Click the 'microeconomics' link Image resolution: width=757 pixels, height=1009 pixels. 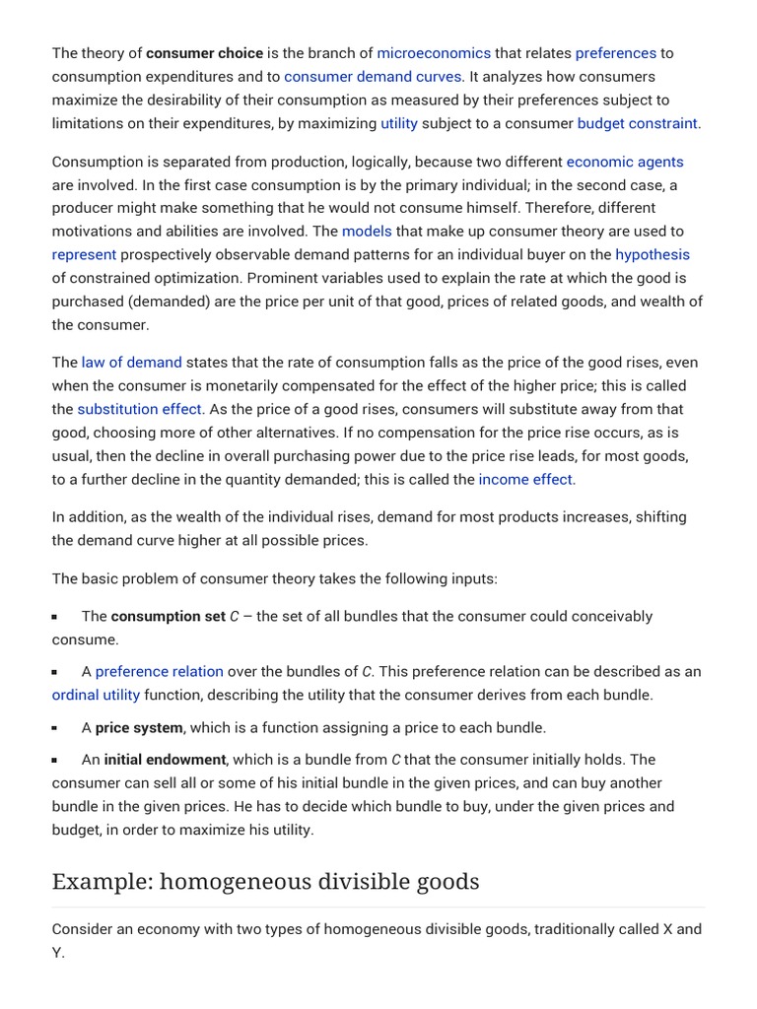click(x=433, y=53)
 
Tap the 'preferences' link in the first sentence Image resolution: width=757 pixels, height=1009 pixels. click(x=615, y=53)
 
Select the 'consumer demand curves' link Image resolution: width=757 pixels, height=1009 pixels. click(x=373, y=77)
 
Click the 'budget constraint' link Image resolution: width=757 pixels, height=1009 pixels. click(x=637, y=124)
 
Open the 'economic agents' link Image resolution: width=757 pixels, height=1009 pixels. click(x=624, y=162)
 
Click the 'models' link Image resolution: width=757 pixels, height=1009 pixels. click(x=367, y=232)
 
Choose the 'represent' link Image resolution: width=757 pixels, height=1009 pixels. click(x=84, y=255)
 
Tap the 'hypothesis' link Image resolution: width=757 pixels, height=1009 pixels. click(x=653, y=255)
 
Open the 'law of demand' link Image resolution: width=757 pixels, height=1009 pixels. click(x=131, y=363)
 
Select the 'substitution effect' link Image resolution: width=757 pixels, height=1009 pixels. click(x=139, y=409)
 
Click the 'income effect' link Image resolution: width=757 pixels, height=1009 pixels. click(x=525, y=480)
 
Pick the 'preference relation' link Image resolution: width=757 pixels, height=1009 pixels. click(x=160, y=672)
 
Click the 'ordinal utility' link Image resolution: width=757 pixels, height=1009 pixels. click(x=96, y=696)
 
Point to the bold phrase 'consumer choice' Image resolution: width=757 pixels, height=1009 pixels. click(x=204, y=53)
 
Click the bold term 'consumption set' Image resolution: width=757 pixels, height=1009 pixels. click(x=168, y=617)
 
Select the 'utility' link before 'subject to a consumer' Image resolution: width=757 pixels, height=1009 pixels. click(x=399, y=124)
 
